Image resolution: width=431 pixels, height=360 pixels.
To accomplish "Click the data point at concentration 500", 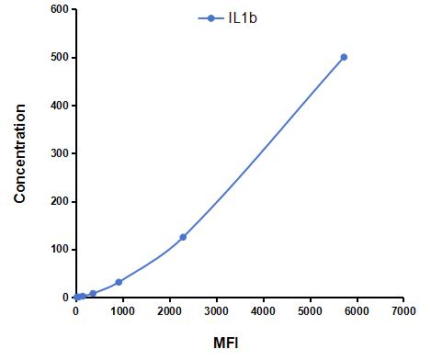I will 344,57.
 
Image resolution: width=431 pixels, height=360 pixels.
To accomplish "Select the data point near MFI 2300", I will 183,237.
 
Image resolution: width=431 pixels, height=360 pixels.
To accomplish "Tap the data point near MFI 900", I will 119,282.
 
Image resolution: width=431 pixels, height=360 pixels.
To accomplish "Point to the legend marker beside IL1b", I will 210,18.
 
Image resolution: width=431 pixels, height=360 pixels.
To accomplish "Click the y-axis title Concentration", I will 20,153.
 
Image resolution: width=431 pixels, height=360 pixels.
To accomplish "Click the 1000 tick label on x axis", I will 122,312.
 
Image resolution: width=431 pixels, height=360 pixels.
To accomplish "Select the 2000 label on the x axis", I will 169,312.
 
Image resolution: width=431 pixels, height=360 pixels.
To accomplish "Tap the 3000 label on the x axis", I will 216,312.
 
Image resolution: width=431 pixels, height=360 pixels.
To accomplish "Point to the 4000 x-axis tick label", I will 263,312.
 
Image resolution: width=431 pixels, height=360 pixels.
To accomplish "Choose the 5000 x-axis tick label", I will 310,312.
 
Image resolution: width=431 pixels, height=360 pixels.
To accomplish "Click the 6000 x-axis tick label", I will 357,312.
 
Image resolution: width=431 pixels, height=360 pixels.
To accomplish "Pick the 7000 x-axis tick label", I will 403,312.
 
